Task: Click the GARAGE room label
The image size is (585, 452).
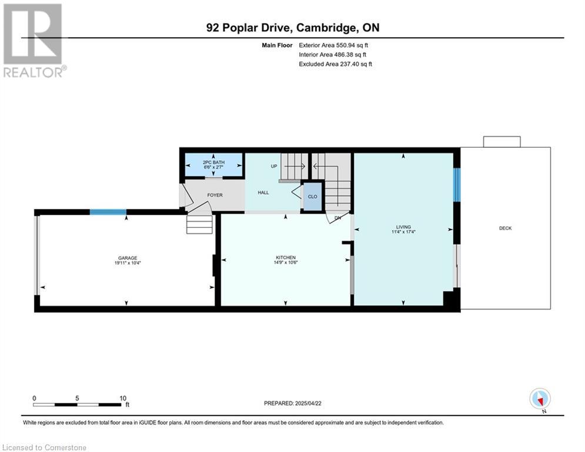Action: click(128, 258)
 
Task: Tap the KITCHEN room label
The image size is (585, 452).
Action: click(286, 257)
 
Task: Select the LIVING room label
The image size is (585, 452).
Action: click(403, 227)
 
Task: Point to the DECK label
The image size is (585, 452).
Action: click(506, 228)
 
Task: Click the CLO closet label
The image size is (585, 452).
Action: click(313, 197)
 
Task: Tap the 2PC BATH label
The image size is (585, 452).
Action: click(214, 162)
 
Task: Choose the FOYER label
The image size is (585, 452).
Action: click(215, 195)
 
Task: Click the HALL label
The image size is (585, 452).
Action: click(263, 192)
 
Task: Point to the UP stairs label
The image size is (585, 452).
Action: click(274, 166)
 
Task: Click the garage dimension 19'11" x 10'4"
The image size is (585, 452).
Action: click(128, 262)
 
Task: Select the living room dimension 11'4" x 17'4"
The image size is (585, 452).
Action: click(403, 232)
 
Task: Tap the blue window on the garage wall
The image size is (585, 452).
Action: click(108, 212)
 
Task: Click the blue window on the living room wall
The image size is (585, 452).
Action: click(457, 185)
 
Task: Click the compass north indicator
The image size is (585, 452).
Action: click(540, 399)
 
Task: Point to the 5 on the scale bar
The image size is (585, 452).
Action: click(77, 398)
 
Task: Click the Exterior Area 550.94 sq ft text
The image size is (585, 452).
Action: click(333, 45)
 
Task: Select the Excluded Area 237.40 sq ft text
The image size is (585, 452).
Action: click(335, 64)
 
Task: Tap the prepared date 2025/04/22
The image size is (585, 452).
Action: click(308, 403)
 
